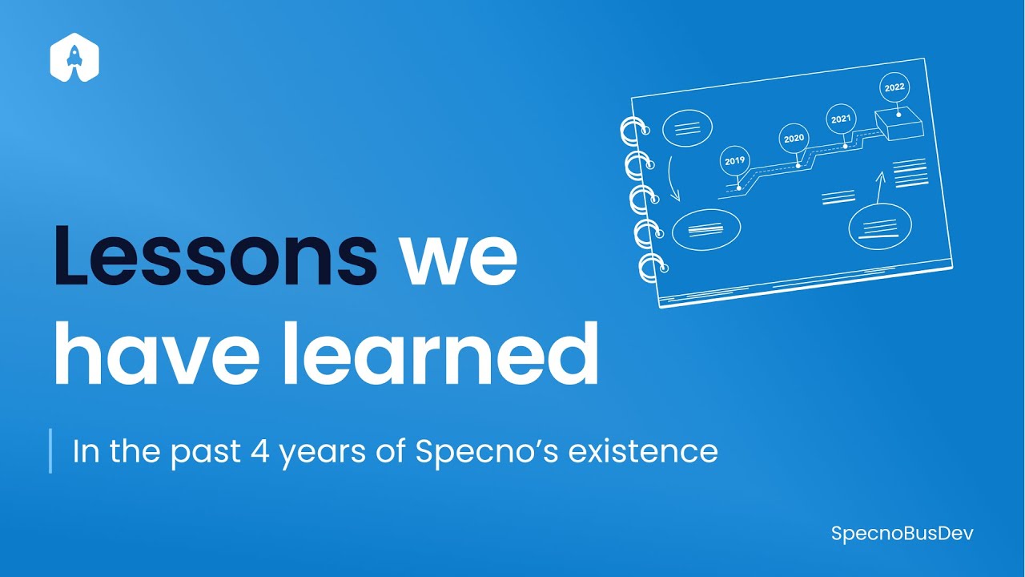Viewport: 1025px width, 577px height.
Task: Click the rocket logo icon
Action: pyautogui.click(x=74, y=58)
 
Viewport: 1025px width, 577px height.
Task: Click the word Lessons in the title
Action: pyautogui.click(x=215, y=255)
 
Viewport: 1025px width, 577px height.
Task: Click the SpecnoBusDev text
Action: pyautogui.click(x=902, y=533)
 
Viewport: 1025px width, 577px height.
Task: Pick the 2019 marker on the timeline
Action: pyautogui.click(x=734, y=160)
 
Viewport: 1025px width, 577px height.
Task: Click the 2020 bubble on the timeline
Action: pyautogui.click(x=794, y=139)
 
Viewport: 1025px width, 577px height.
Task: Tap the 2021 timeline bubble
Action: pyautogui.click(x=841, y=119)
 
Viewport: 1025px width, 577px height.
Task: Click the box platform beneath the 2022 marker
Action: pyautogui.click(x=899, y=124)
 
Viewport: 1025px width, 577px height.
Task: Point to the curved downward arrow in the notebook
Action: pyautogui.click(x=667, y=179)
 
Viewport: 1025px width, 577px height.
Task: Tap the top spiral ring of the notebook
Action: pyautogui.click(x=633, y=131)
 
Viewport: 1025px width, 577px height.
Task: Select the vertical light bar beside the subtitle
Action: pyautogui.click(x=50, y=451)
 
